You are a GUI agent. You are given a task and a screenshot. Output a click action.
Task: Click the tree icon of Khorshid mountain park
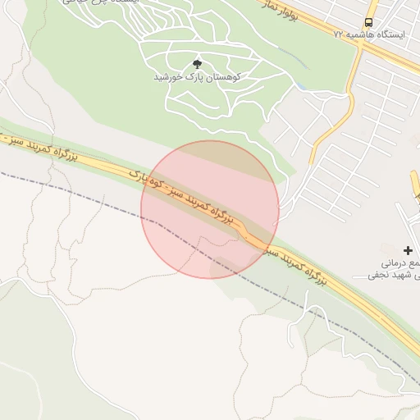pyautogui.click(x=196, y=63)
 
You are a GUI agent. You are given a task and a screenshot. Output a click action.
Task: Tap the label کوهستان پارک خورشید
pyautogui.click(x=196, y=76)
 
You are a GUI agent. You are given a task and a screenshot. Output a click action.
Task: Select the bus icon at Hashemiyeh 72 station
pyautogui.click(x=368, y=22)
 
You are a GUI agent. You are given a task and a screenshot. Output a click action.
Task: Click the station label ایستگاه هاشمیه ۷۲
pyautogui.click(x=358, y=35)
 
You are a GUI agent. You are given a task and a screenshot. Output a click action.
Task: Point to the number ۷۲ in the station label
pyautogui.click(x=339, y=35)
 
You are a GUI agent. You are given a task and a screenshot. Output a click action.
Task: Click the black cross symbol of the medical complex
pyautogui.click(x=408, y=249)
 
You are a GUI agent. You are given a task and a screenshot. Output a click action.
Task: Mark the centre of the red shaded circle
pyautogui.click(x=210, y=209)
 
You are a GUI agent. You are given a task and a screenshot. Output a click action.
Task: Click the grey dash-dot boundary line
pyautogui.click(x=82, y=195)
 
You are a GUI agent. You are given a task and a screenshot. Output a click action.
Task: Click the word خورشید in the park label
pyautogui.click(x=169, y=76)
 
